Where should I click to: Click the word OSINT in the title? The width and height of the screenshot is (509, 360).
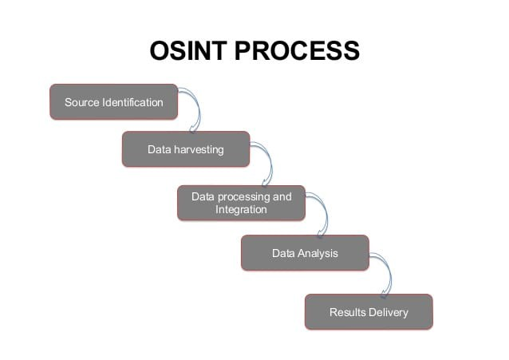coord(188,50)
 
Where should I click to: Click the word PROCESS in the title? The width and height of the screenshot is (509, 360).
coord(297,50)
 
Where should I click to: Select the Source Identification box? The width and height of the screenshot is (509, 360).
coord(113,102)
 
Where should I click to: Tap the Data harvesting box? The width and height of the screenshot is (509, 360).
coord(186,149)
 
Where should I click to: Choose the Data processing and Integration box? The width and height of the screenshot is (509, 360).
coord(241,203)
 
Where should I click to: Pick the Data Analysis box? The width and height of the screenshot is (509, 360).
coord(305,253)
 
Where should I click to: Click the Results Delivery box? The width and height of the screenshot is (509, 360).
coord(369,312)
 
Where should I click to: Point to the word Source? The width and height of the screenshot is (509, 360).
coord(82,102)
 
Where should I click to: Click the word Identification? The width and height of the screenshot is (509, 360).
coord(132,102)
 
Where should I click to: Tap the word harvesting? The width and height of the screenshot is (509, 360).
coord(199,150)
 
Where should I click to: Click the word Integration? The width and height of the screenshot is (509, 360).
coord(241,210)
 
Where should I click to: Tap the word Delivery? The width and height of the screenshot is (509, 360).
coord(389,313)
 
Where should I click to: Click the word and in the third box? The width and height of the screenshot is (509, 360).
coord(282,196)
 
